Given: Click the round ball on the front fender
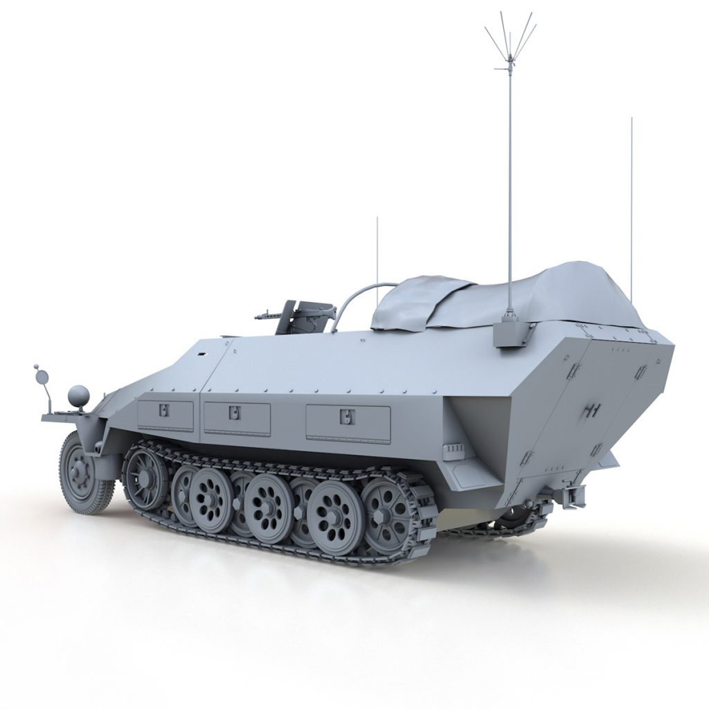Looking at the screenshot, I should [x=78, y=396].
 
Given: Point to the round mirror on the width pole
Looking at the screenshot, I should [x=42, y=377].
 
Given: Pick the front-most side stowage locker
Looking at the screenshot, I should [x=165, y=415].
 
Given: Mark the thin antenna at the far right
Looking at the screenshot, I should [x=631, y=208].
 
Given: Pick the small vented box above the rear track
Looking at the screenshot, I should [x=454, y=451].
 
